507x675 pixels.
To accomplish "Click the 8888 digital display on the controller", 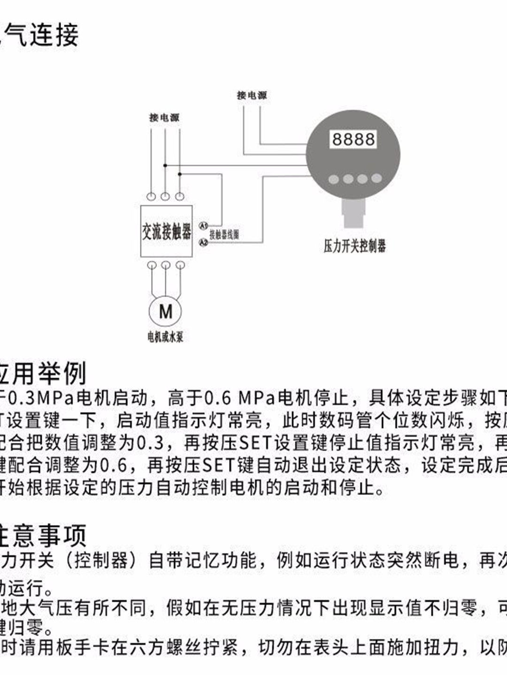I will tap(353, 139).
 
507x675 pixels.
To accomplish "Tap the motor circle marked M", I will tap(166, 311).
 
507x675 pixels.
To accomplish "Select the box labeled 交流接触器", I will tap(167, 231).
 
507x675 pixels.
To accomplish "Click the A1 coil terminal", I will tap(203, 226).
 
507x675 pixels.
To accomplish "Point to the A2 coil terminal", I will tap(203, 242).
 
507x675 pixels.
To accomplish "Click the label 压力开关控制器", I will tap(354, 246).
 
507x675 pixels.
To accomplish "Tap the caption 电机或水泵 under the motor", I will tap(165, 337).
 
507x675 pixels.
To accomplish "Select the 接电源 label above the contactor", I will tap(164, 118).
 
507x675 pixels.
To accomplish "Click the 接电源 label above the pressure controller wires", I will tap(252, 96).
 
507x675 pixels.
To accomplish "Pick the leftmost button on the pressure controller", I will tap(334, 179).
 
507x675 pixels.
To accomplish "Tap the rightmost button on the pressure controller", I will tap(376, 178).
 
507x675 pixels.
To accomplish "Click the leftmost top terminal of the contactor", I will tap(151, 196).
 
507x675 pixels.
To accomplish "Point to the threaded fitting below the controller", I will tap(353, 213).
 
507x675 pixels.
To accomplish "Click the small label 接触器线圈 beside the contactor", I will tap(224, 234).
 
